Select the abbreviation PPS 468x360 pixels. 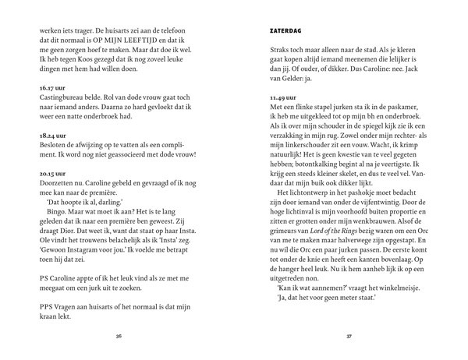click(47, 305)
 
